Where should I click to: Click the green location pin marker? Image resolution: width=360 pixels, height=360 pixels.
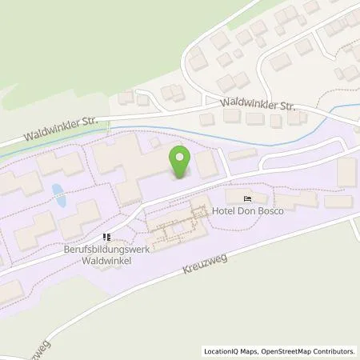(180, 162)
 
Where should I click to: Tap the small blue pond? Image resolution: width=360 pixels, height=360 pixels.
(57, 192)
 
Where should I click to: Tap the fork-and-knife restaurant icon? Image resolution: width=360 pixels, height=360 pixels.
(107, 237)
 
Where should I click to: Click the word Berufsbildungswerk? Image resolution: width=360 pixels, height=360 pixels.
(107, 249)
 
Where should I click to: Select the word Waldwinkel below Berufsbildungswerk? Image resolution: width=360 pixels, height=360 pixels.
(107, 259)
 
